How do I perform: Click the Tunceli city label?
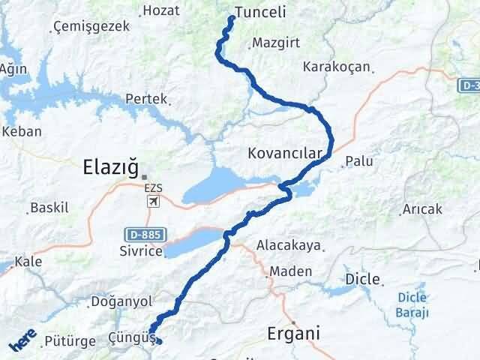pyautogui.click(x=261, y=12)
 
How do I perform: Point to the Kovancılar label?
pyautogui.click(x=284, y=154)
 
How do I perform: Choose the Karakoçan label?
pyautogui.click(x=336, y=67)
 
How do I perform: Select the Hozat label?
pyautogui.click(x=160, y=10)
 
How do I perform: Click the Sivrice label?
pyautogui.click(x=140, y=251)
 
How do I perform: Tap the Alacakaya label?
pyautogui.click(x=288, y=244)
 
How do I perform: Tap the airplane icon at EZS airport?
pyautogui.click(x=154, y=202)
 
